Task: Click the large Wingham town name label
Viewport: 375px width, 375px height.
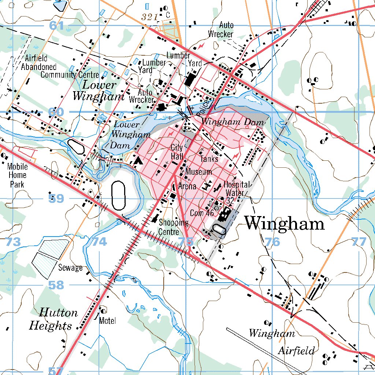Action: point(285,223)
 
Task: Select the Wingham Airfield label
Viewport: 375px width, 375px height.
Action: point(282,342)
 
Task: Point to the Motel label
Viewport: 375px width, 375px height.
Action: point(107,321)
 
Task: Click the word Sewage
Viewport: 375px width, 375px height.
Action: point(70,268)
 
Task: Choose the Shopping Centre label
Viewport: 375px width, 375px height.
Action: point(174,227)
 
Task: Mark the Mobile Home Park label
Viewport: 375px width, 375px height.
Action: point(17,175)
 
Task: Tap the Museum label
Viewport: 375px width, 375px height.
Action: point(199,171)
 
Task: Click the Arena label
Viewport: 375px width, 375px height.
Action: point(187,186)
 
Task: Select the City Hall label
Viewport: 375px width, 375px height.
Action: point(177,152)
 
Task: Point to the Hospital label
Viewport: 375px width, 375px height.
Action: point(237,185)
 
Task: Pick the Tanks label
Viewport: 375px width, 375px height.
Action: point(209,159)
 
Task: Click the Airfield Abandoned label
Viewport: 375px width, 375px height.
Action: point(38,63)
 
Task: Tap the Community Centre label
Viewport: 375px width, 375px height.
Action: point(70,75)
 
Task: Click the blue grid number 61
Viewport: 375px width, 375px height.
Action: point(57,26)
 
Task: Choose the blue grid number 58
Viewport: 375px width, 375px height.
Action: point(56,285)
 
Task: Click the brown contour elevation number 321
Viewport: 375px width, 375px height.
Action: point(149,17)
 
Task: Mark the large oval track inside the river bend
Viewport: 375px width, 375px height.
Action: point(119,196)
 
